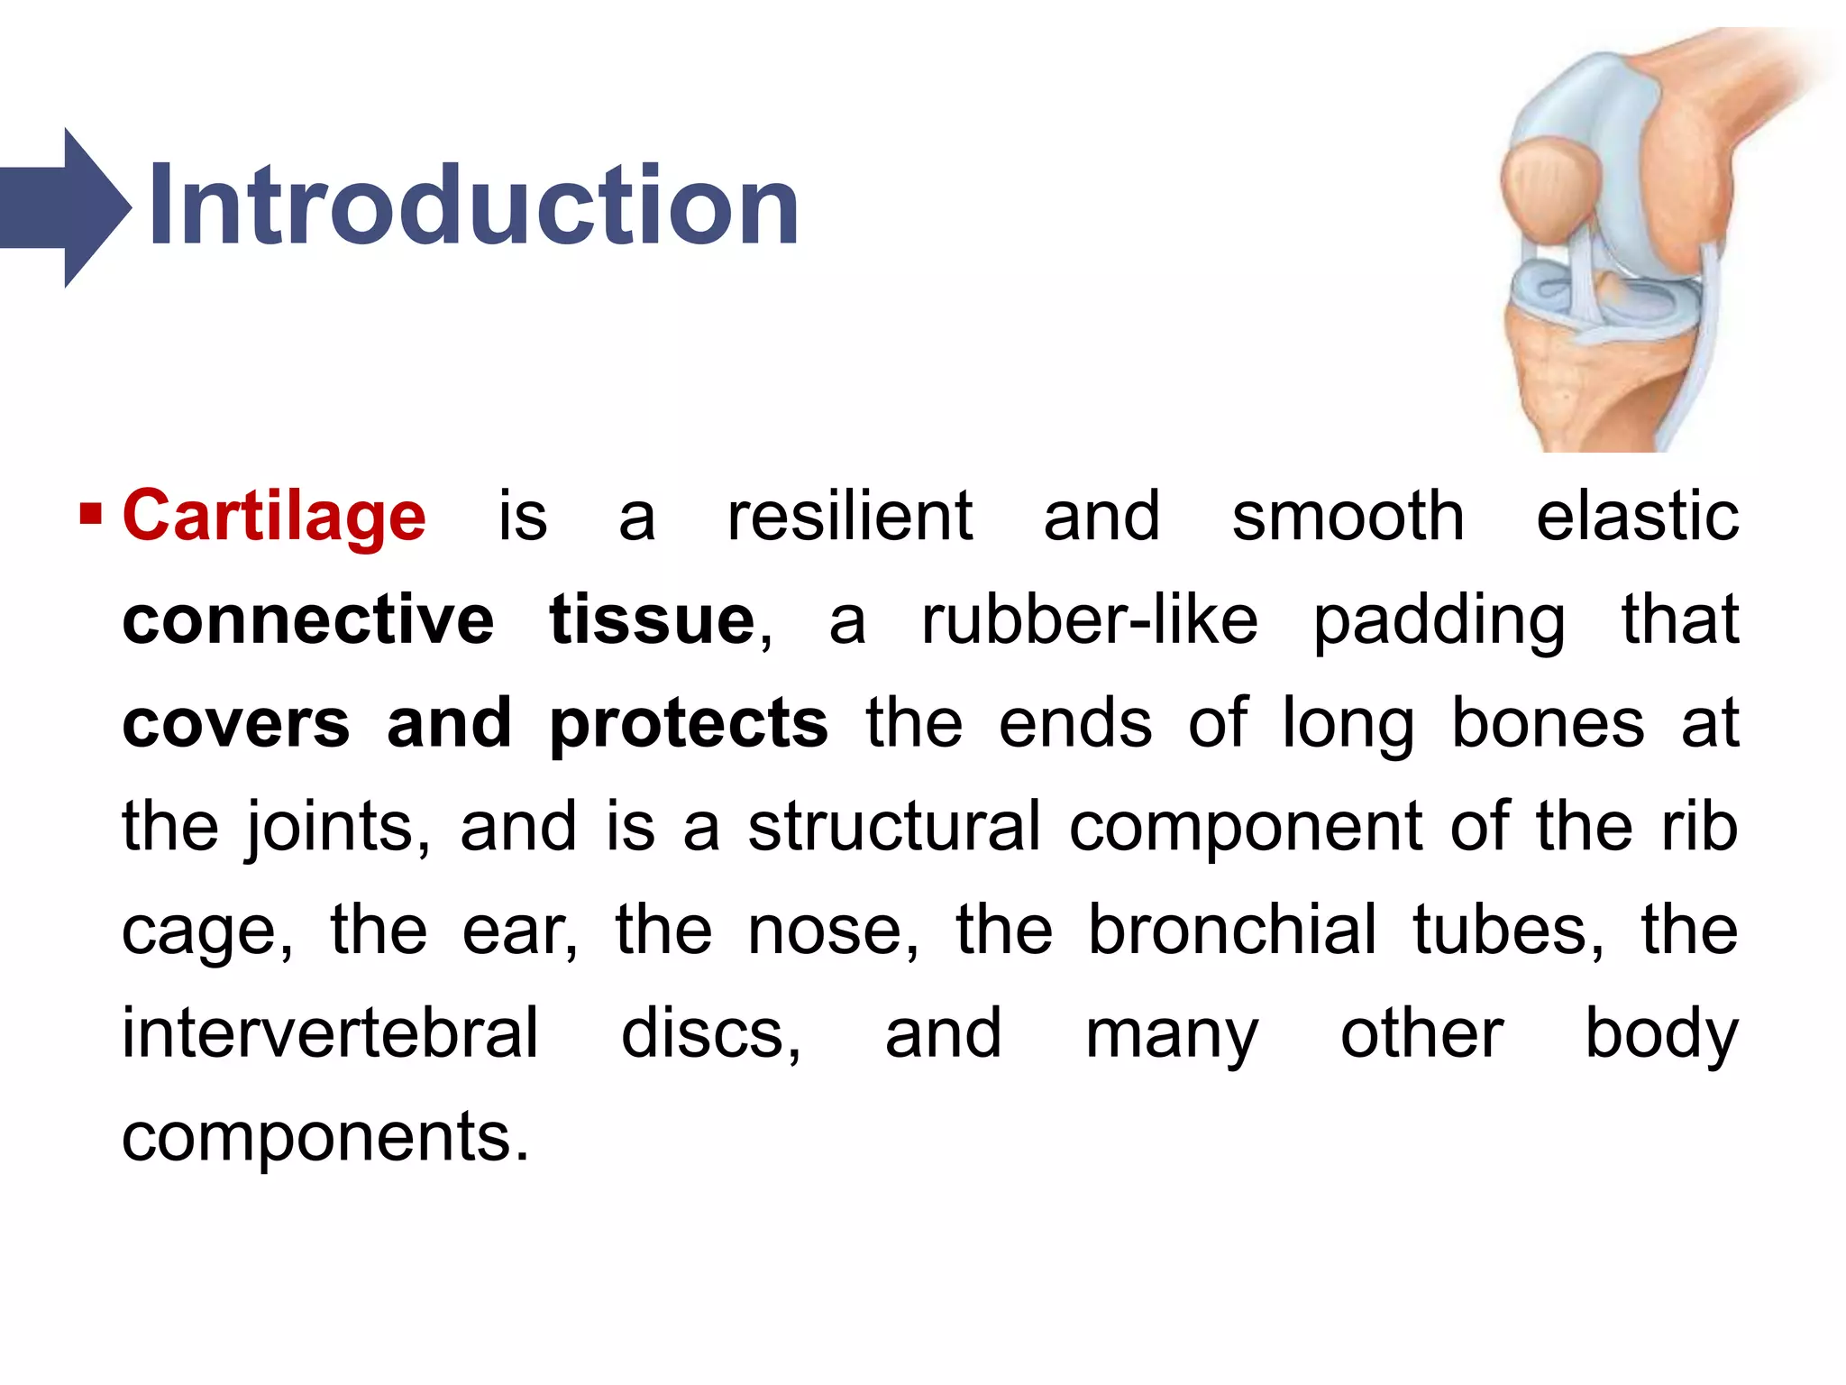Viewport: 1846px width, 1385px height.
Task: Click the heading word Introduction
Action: pos(472,206)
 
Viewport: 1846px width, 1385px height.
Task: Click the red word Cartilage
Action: pos(274,516)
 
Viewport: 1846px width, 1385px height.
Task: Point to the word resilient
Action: pos(849,516)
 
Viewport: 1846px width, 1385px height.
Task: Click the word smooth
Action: pos(1348,516)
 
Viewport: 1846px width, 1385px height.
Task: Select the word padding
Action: pos(1439,622)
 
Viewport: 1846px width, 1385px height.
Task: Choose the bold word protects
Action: pos(689,724)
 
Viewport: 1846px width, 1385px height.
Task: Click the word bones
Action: pos(1548,723)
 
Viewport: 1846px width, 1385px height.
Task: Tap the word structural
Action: pos(894,826)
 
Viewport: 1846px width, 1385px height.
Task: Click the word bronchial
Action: pos(1232,930)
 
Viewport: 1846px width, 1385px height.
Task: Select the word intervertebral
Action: pos(330,1033)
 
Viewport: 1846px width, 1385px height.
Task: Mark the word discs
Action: pos(710,1033)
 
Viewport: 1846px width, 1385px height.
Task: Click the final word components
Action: pos(324,1138)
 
